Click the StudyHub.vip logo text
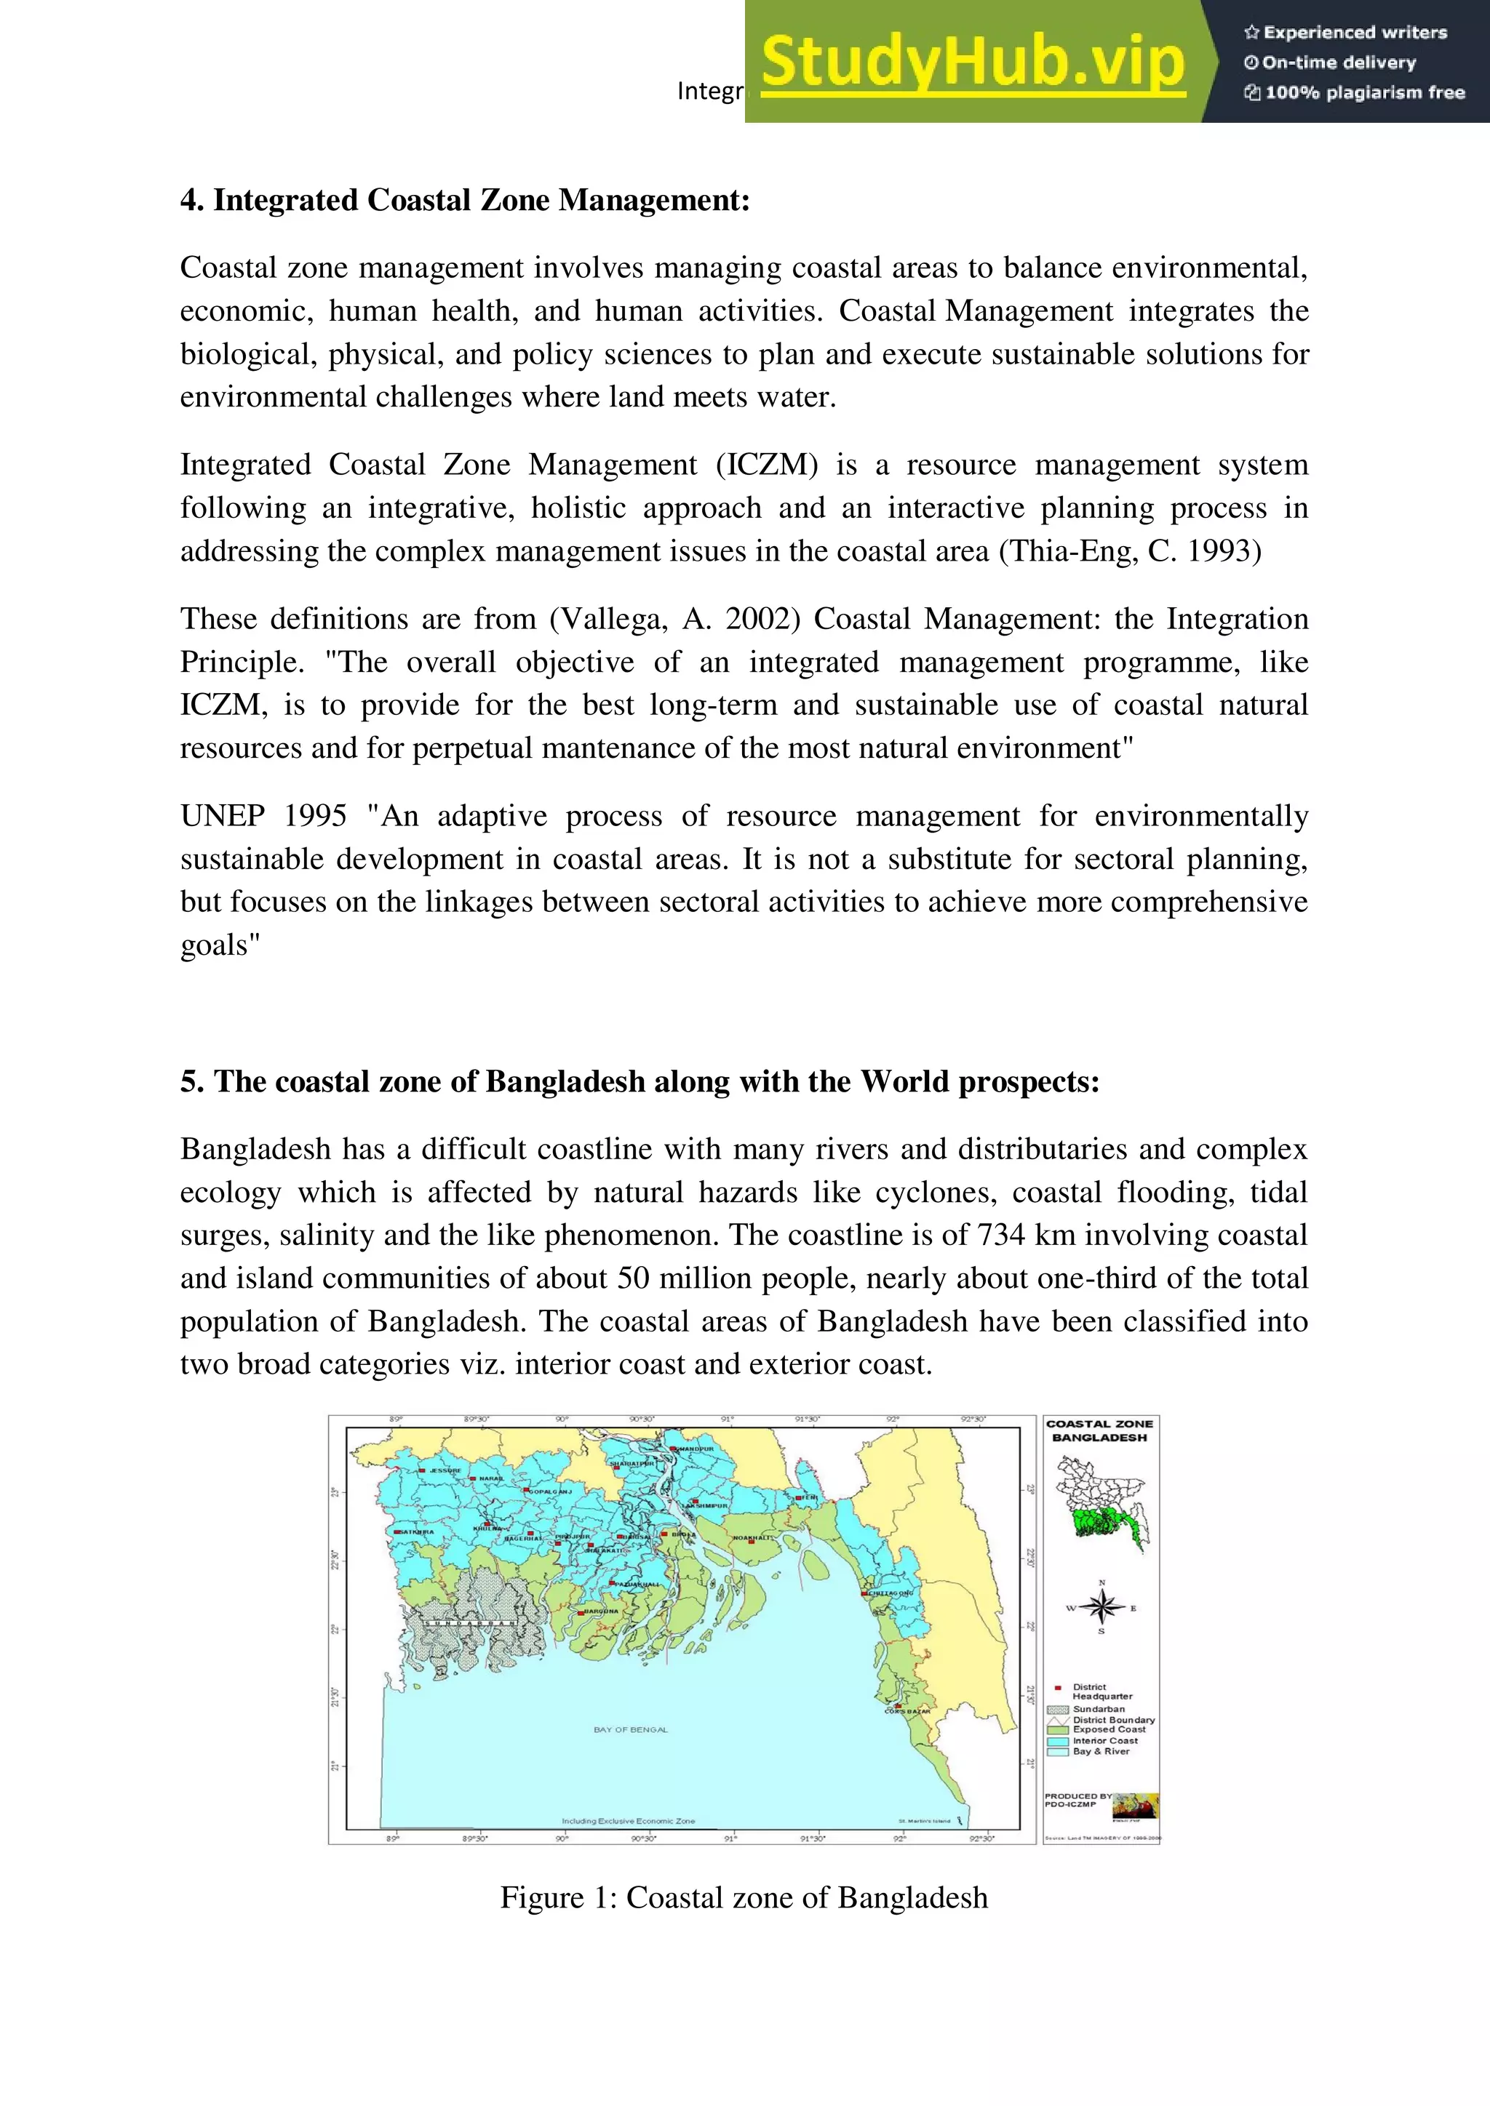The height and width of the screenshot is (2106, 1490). point(973,63)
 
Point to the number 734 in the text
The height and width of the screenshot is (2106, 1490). point(1001,1235)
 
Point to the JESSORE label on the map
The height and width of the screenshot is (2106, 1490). point(445,1470)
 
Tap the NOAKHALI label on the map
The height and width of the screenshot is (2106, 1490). point(753,1537)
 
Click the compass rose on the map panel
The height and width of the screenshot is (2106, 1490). point(1102,1606)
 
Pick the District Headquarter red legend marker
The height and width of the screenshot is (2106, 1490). point(1058,1687)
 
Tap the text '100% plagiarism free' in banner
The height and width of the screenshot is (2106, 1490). point(1363,92)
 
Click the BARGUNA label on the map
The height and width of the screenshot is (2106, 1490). point(602,1611)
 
